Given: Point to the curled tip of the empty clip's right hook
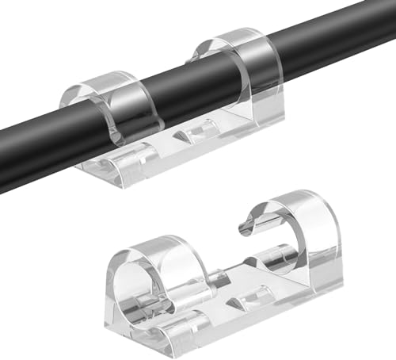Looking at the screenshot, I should [246, 230].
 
